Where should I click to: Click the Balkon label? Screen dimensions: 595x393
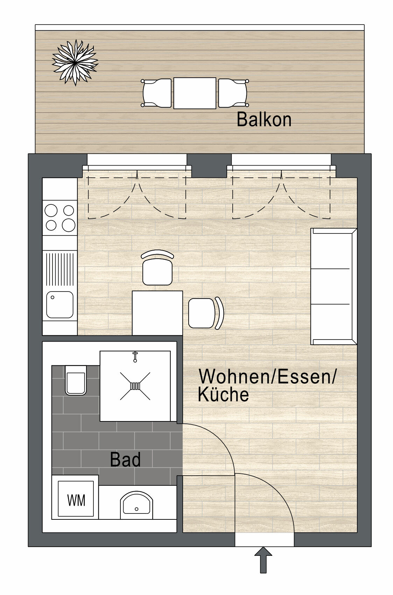click(x=264, y=120)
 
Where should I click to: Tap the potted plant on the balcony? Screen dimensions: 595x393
click(x=75, y=62)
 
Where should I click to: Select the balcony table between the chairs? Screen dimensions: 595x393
click(x=195, y=93)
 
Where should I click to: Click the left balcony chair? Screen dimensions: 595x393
click(x=157, y=93)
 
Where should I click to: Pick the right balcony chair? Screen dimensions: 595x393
click(x=233, y=93)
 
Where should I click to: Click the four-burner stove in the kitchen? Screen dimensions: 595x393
click(x=60, y=218)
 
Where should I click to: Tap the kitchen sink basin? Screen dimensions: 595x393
click(x=60, y=304)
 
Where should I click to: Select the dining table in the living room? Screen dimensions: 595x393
click(x=157, y=313)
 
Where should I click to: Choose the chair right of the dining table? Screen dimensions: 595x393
click(x=205, y=313)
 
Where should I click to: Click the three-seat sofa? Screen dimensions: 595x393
click(x=333, y=286)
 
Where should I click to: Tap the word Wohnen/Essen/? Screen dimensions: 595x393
click(x=267, y=377)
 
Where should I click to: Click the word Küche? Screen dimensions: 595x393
click(x=223, y=394)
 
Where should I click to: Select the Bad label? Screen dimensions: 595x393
click(x=125, y=460)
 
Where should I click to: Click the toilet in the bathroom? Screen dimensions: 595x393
click(x=76, y=380)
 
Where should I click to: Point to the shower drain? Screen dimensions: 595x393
click(x=135, y=386)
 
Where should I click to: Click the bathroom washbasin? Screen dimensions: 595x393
click(x=136, y=505)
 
